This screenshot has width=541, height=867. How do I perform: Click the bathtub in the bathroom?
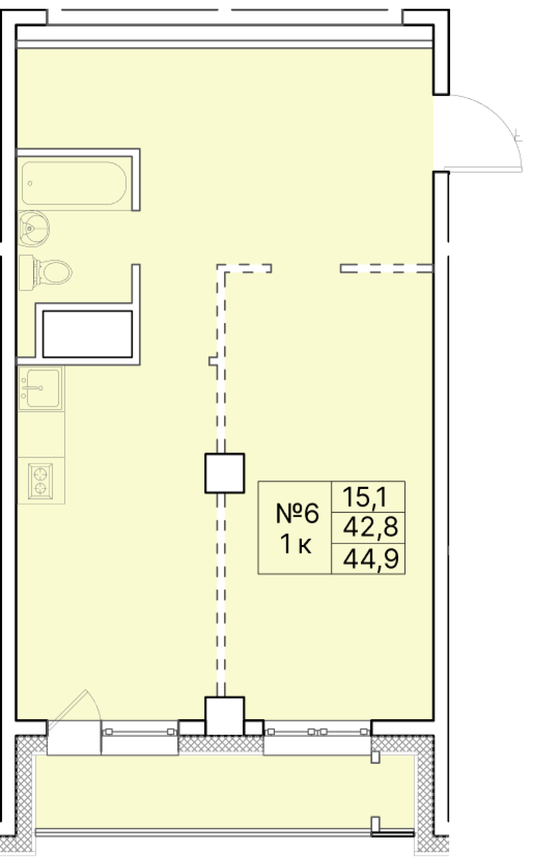click(x=74, y=183)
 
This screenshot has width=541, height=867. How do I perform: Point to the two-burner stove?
click(x=40, y=481)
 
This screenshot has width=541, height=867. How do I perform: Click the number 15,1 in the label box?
click(x=365, y=497)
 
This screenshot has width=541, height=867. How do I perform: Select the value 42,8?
click(x=370, y=527)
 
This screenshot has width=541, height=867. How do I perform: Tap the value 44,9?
click(x=370, y=559)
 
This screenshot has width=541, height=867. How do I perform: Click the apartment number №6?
click(x=297, y=513)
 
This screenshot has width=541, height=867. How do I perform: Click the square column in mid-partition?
click(x=224, y=473)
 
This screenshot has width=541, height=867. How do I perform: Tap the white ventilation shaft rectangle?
click(x=87, y=334)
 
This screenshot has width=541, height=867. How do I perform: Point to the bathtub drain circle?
click(x=30, y=183)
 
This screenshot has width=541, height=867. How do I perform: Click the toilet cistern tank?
click(x=26, y=272)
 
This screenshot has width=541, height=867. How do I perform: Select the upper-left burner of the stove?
click(x=40, y=475)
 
